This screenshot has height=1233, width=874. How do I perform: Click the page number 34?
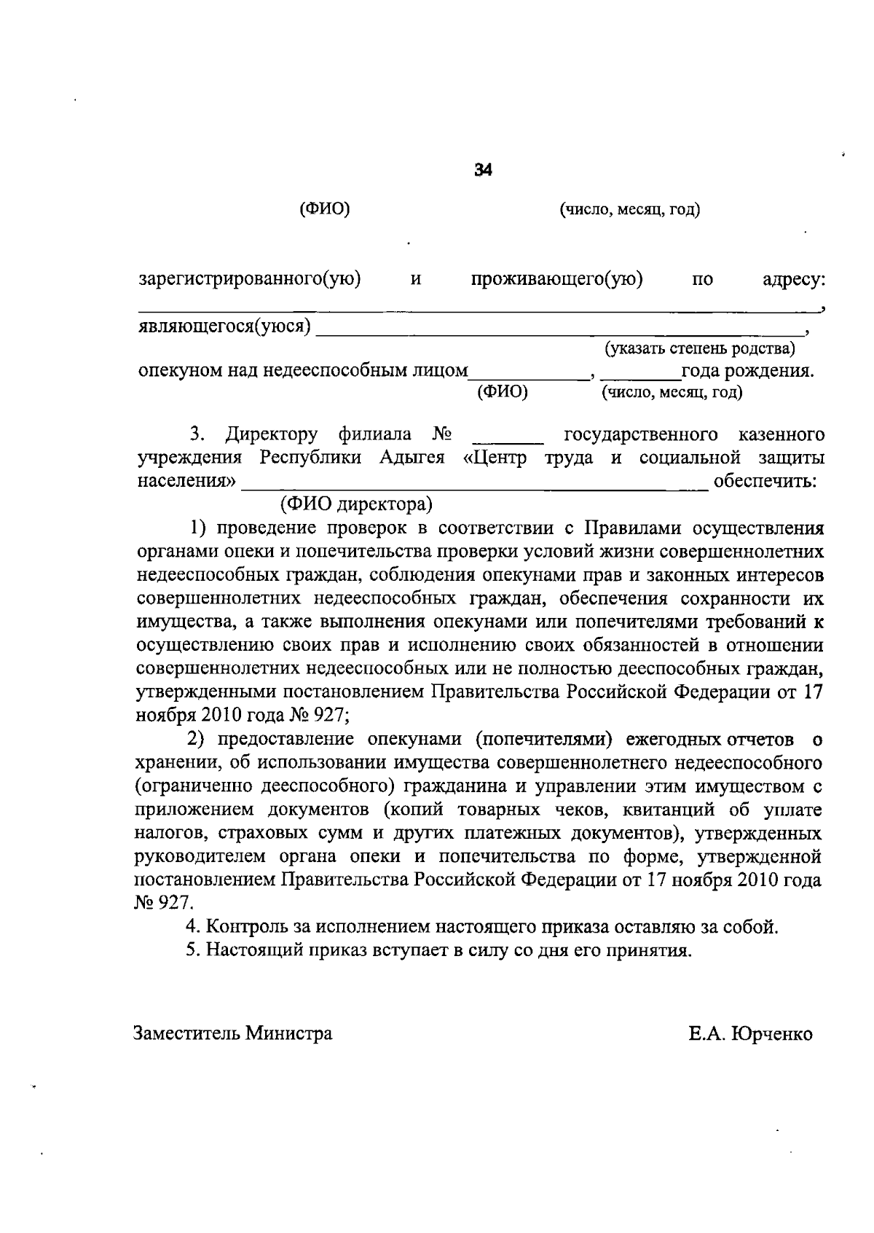point(483,171)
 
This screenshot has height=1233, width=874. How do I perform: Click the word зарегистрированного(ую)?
point(250,279)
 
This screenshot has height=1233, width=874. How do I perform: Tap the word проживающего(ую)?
point(556,279)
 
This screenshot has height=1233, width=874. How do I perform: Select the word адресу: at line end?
point(793,280)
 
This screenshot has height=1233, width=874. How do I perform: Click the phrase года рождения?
point(747,371)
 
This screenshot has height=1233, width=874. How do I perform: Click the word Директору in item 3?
point(271,435)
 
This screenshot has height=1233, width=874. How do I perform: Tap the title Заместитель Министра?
point(232,1033)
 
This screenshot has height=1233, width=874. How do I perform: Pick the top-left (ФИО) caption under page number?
point(325,210)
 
